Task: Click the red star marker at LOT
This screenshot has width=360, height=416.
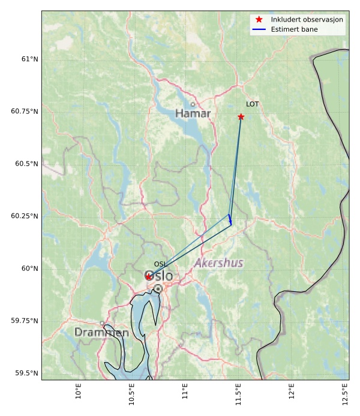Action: click(241, 116)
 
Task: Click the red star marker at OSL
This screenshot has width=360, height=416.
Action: click(148, 276)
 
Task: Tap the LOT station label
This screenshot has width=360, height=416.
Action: click(252, 104)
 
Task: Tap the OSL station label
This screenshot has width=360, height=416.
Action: click(160, 264)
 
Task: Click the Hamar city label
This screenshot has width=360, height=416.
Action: click(193, 113)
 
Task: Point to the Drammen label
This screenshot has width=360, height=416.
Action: click(101, 332)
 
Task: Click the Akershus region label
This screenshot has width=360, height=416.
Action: click(218, 263)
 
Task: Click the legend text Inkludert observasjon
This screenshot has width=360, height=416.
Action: click(307, 20)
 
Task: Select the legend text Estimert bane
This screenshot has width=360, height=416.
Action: click(294, 29)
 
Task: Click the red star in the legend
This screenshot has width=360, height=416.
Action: click(259, 20)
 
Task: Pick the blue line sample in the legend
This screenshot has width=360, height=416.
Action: click(259, 29)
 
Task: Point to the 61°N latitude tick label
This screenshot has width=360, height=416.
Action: click(29, 59)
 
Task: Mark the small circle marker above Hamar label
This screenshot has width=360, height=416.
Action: click(193, 104)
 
